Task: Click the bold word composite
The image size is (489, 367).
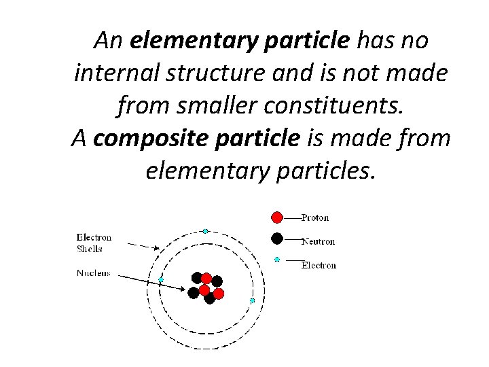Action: coord(145,139)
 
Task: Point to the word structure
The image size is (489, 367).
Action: coord(221,73)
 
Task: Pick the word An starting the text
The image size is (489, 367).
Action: coord(108,41)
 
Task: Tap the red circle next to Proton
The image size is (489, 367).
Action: coord(277,217)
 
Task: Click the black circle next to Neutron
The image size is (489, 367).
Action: coord(277,239)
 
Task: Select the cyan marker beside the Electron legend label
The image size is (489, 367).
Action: coord(277,259)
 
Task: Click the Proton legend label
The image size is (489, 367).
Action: coord(315,217)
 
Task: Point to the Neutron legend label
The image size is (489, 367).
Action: coord(318,241)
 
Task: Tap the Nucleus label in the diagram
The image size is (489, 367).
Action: coord(94,274)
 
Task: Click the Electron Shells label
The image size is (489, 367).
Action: coord(94,243)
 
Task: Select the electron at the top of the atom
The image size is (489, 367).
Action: coord(205,231)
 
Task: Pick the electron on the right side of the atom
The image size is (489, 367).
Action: coord(252,300)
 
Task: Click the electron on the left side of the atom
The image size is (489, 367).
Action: coord(161,279)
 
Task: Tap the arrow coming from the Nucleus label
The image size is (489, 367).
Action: coord(149,281)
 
